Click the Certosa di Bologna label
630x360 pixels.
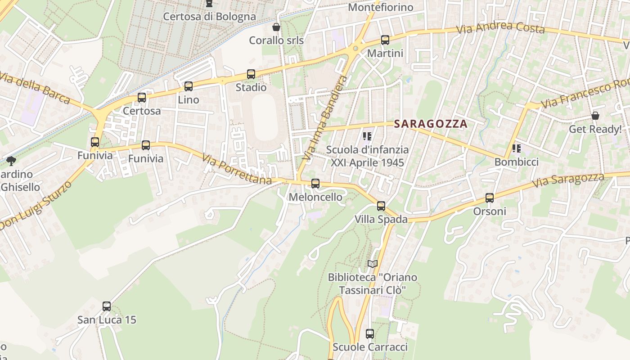click(x=209, y=17)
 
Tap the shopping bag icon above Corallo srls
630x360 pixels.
click(x=276, y=27)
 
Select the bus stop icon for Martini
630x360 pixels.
click(x=385, y=40)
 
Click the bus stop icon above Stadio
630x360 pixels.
click(x=251, y=74)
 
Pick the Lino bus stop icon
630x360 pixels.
click(x=189, y=86)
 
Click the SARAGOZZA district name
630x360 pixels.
click(x=431, y=124)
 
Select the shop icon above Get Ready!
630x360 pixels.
click(x=595, y=116)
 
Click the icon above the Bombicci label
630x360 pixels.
click(x=516, y=148)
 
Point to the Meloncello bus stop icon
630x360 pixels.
click(x=315, y=184)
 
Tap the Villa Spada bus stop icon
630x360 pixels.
click(x=381, y=206)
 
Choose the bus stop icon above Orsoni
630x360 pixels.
click(x=490, y=198)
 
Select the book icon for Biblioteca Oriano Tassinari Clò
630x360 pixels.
click(x=372, y=264)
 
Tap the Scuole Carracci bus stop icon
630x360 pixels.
click(x=370, y=334)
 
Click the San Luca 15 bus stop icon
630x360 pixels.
click(x=107, y=306)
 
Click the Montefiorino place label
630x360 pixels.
click(x=381, y=8)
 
